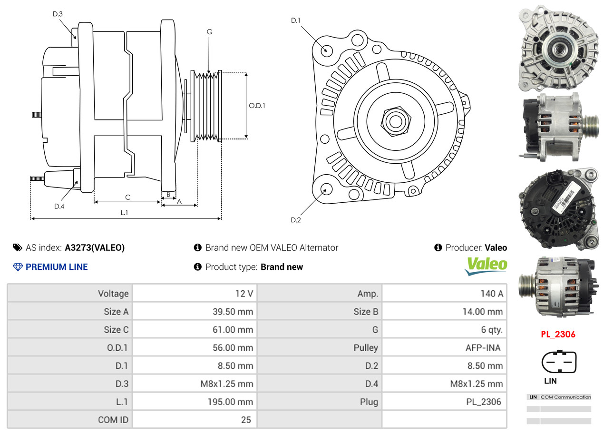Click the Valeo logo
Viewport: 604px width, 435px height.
pyautogui.click(x=486, y=266)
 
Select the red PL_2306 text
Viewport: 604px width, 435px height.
pyautogui.click(x=558, y=334)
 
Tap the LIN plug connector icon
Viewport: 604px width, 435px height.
pyautogui.click(x=559, y=362)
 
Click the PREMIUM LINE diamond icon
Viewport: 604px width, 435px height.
pyautogui.click(x=18, y=267)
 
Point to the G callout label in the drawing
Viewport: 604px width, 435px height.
pyautogui.click(x=209, y=32)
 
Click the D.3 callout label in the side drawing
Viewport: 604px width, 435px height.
pyautogui.click(x=58, y=14)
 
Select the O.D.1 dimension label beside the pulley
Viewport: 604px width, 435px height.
pyautogui.click(x=257, y=105)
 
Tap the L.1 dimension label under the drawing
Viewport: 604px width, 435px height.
pyautogui.click(x=124, y=213)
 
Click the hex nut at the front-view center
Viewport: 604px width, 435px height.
pyautogui.click(x=394, y=120)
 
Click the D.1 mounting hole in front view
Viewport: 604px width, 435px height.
pyautogui.click(x=326, y=49)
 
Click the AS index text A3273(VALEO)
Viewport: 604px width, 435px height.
pyautogui.click(x=95, y=247)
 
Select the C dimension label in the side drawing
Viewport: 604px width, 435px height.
pyautogui.click(x=127, y=197)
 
